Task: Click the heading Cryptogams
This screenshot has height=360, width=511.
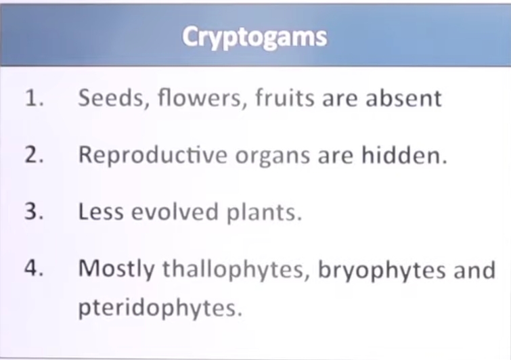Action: point(254,37)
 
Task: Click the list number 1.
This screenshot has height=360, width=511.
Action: point(34,98)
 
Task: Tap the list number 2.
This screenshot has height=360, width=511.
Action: point(34,155)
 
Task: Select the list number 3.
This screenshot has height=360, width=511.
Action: point(34,212)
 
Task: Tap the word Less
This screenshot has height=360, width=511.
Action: point(99,212)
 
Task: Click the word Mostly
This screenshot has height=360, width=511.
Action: point(116,270)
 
